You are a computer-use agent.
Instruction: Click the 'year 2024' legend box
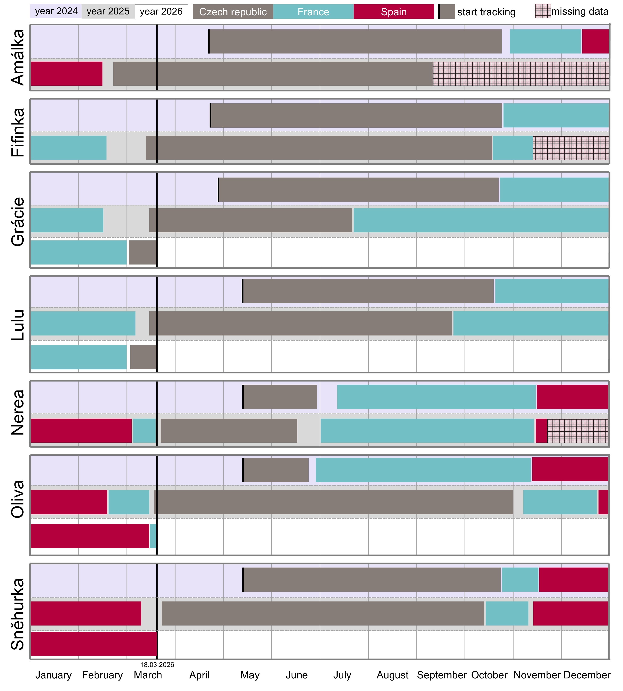click(56, 11)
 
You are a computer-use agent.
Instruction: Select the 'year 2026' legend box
click(161, 11)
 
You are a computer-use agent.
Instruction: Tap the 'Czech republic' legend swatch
click(233, 12)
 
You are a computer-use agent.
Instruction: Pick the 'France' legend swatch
click(313, 12)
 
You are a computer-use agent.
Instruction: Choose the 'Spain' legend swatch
click(394, 12)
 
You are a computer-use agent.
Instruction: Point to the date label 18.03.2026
click(157, 665)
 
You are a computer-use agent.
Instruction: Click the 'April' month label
click(199, 675)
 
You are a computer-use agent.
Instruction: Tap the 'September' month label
click(442, 675)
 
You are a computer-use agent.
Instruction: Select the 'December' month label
click(587, 675)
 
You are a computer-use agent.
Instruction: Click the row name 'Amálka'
click(18, 57)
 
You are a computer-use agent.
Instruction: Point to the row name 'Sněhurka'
click(18, 614)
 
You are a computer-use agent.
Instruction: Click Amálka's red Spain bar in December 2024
click(595, 41)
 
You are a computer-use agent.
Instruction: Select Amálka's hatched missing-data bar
click(520, 74)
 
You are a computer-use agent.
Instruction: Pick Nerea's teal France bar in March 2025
click(144, 431)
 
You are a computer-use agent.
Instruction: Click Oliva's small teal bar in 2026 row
click(153, 536)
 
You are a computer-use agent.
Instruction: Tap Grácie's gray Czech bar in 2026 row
click(142, 253)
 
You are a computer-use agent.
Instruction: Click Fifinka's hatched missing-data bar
click(571, 148)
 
